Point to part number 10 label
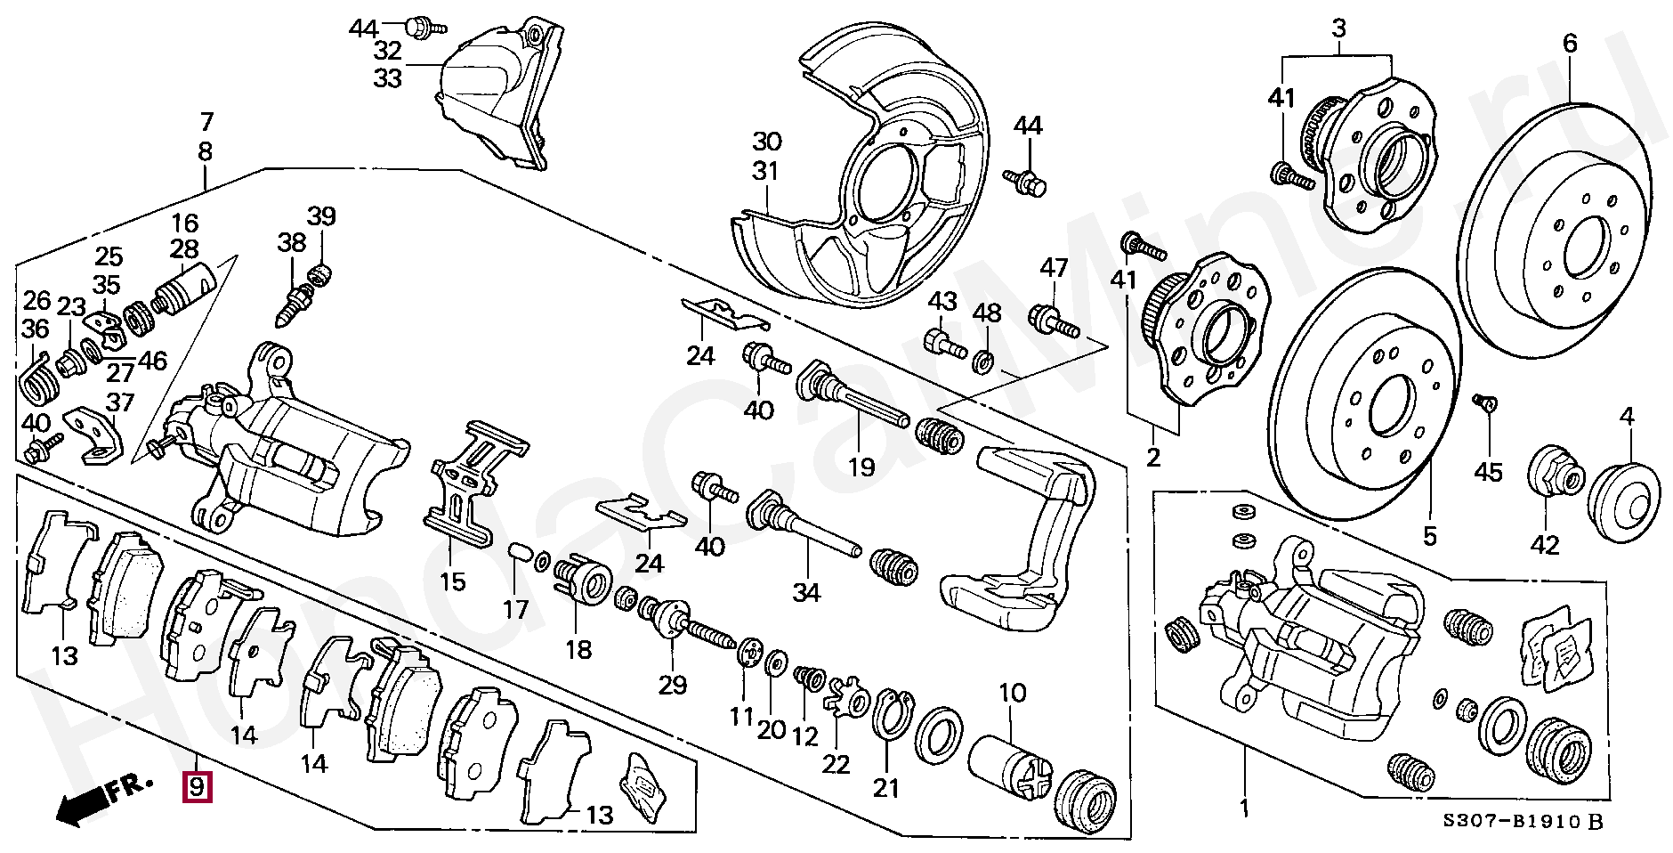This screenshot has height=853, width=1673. point(1013,692)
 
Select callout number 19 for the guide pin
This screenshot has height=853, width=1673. point(861,466)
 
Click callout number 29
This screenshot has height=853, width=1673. point(673,684)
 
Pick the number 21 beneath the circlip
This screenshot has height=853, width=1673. point(886,787)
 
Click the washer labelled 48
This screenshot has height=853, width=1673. point(984,361)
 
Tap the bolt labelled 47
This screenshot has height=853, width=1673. point(1054,321)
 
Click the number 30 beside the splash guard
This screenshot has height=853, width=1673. point(766,141)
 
